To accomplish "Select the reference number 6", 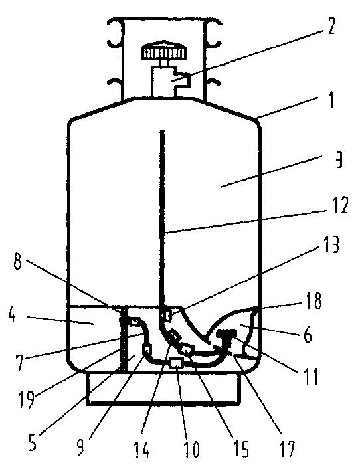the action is point(308,335).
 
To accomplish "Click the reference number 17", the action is point(287,448).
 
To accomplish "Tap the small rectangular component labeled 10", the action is point(176,364).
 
